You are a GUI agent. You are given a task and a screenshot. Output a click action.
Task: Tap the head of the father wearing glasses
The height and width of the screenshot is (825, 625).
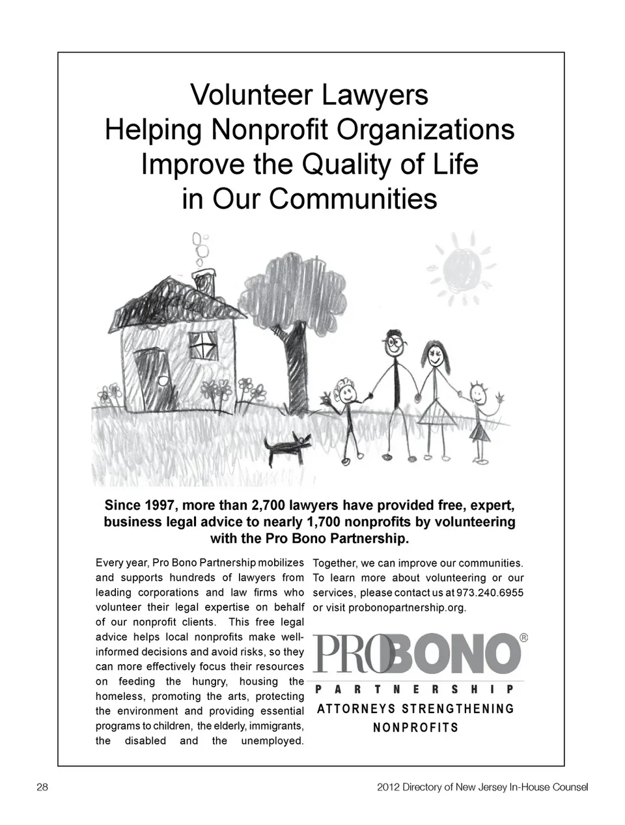[x=393, y=345]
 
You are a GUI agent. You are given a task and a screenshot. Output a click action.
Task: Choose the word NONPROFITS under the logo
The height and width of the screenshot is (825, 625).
[x=415, y=727]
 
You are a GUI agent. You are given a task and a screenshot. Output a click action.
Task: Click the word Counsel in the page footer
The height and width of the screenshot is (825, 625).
[x=568, y=787]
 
